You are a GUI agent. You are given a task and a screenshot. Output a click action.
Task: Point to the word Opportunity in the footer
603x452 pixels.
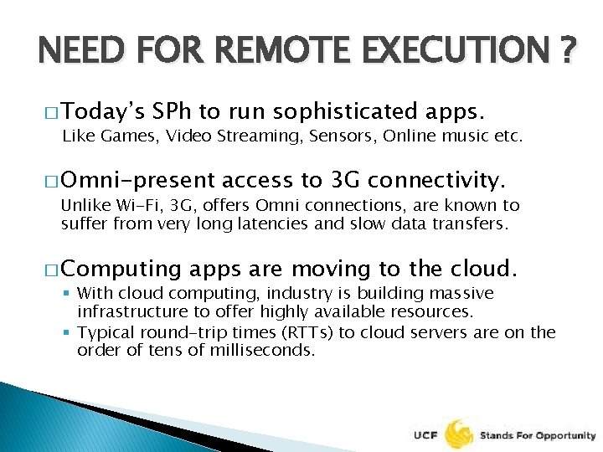point(567,436)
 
